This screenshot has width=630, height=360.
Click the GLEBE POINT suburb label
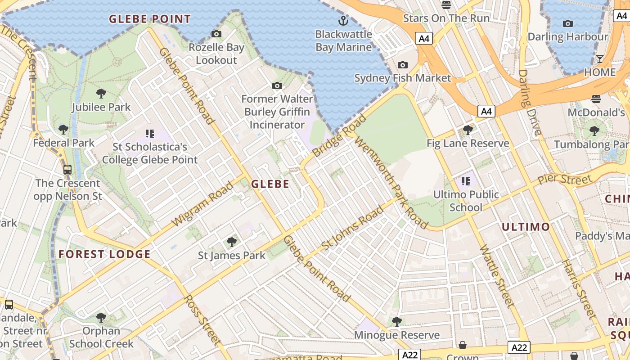[x=150, y=19]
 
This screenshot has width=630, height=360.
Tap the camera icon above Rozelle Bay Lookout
[x=216, y=34]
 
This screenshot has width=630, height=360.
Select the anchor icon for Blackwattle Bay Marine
[x=343, y=20]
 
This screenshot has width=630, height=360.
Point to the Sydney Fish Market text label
[x=402, y=78]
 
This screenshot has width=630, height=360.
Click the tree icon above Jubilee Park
[x=101, y=94]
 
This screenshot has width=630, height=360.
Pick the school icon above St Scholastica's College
[x=150, y=133]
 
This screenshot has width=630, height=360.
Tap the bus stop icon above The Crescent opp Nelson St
[x=67, y=170]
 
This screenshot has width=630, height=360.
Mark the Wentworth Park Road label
[x=390, y=182]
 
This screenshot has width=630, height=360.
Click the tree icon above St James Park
[x=232, y=242]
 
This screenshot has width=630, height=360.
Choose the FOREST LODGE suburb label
[x=104, y=254]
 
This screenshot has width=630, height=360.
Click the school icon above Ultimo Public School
[x=466, y=181]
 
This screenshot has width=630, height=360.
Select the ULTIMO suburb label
[x=526, y=227]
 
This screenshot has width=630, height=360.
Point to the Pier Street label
[x=565, y=179]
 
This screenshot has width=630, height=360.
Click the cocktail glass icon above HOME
[x=600, y=59]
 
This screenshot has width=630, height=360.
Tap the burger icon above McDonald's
[x=597, y=99]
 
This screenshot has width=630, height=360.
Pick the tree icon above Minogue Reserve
[x=396, y=321]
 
